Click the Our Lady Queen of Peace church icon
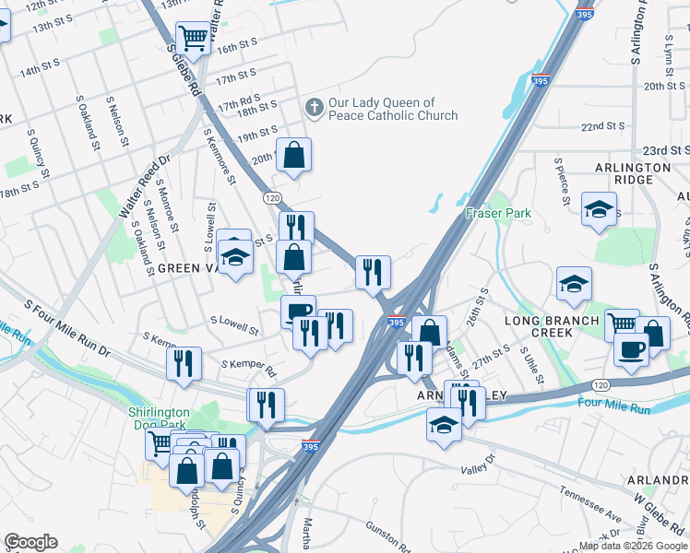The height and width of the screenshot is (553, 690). (314, 108)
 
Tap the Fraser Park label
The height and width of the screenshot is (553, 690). (498, 213)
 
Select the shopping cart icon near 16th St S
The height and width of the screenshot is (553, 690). (193, 39)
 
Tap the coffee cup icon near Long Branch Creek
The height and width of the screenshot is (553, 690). (632, 350)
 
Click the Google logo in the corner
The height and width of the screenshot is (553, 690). (30, 542)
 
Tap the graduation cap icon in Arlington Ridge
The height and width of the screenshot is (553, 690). (599, 209)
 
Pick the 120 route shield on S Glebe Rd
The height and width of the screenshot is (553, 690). (272, 197)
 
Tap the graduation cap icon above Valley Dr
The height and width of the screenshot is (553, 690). (444, 425)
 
